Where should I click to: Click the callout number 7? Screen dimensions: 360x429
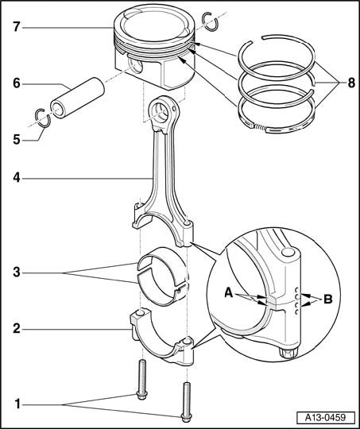17,27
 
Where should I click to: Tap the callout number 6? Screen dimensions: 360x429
17,83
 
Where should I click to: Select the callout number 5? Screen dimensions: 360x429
17,140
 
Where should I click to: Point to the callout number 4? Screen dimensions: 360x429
17,178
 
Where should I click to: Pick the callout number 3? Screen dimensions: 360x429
17,272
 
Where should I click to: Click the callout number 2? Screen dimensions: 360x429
17,329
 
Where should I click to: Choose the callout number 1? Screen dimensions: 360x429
17,404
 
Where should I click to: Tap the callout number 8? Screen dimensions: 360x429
351,83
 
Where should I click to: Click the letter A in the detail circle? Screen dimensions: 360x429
229,293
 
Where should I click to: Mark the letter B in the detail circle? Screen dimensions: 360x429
328,300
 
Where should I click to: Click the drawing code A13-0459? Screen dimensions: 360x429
325,418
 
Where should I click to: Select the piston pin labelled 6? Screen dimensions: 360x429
77,98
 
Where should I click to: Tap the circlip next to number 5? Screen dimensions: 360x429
44,118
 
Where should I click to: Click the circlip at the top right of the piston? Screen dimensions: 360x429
210,21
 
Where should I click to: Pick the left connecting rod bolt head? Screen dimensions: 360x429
141,395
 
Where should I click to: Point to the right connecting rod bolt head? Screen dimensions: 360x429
187,418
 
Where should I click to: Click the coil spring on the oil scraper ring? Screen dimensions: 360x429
260,126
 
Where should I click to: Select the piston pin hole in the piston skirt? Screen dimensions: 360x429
136,67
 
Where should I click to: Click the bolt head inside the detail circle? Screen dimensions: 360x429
288,354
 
